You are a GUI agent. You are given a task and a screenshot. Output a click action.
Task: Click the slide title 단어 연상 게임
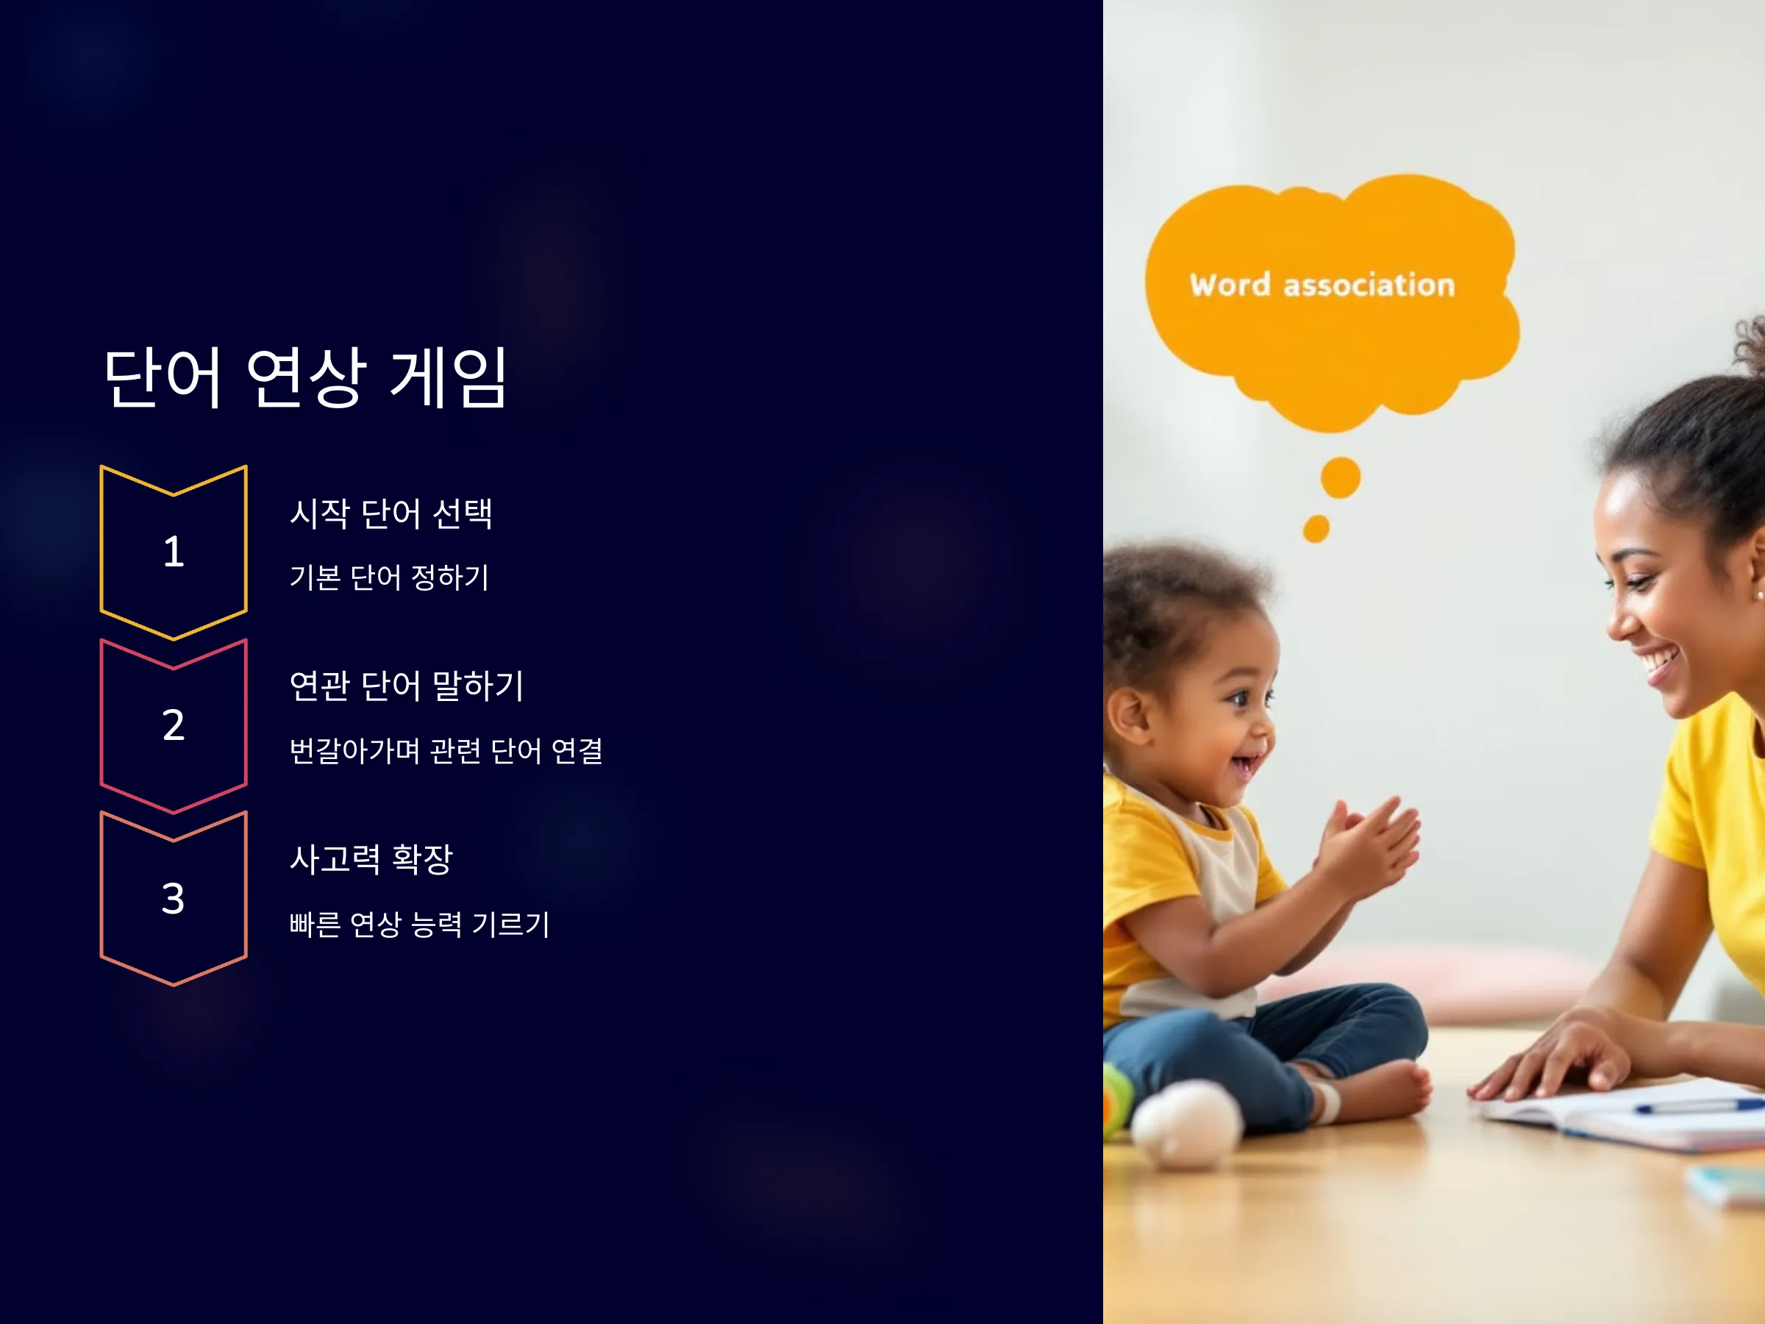pyautogui.click(x=306, y=377)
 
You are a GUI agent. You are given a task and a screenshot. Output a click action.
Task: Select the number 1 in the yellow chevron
pyautogui.click(x=173, y=552)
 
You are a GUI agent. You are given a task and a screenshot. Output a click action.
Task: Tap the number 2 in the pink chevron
pyautogui.click(x=173, y=725)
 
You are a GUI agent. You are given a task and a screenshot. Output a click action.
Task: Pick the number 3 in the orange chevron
pyautogui.click(x=173, y=898)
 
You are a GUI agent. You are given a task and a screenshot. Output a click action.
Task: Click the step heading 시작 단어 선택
pyautogui.click(x=391, y=513)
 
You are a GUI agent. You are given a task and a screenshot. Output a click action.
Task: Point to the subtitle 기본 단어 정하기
pyautogui.click(x=389, y=577)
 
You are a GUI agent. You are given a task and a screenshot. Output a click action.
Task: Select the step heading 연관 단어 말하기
pyautogui.click(x=406, y=686)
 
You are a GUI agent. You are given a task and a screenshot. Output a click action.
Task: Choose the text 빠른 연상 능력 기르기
pyautogui.click(x=420, y=924)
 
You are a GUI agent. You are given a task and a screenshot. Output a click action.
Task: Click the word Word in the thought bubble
pyautogui.click(x=1230, y=285)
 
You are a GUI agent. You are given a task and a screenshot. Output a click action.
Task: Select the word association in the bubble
pyautogui.click(x=1369, y=285)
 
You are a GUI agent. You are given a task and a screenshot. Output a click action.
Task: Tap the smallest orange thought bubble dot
pyautogui.click(x=1316, y=528)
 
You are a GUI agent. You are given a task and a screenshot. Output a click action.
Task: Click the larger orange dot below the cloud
pyautogui.click(x=1341, y=477)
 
